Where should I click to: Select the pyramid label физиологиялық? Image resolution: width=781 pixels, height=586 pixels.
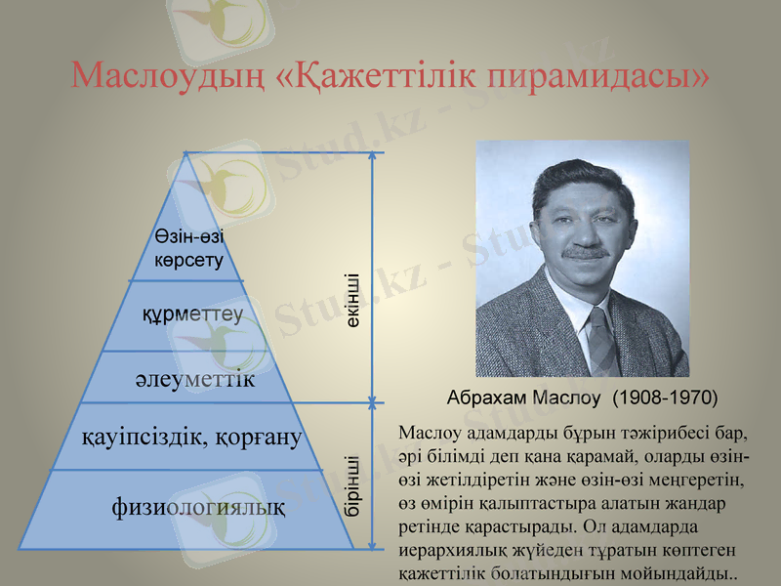199,507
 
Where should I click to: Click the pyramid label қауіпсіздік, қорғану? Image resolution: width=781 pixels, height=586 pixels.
191,436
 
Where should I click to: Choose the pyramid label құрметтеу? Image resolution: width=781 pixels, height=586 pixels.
192,314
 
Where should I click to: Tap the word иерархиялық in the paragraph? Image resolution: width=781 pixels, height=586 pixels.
450,551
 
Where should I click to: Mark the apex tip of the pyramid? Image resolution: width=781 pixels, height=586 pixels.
186,154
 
